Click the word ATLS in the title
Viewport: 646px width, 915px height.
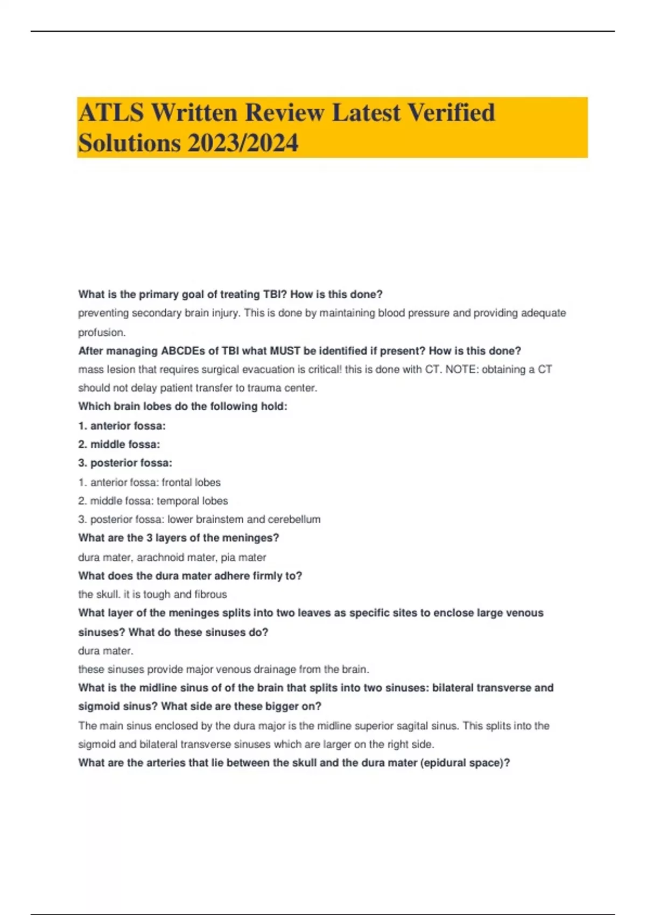point(111,113)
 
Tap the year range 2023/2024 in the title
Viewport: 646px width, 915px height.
point(243,143)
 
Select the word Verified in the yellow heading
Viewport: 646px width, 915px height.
point(451,113)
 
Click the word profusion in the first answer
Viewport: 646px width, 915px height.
point(102,332)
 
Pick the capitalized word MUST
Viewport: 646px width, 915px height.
point(285,351)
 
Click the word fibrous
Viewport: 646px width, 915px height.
point(210,594)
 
